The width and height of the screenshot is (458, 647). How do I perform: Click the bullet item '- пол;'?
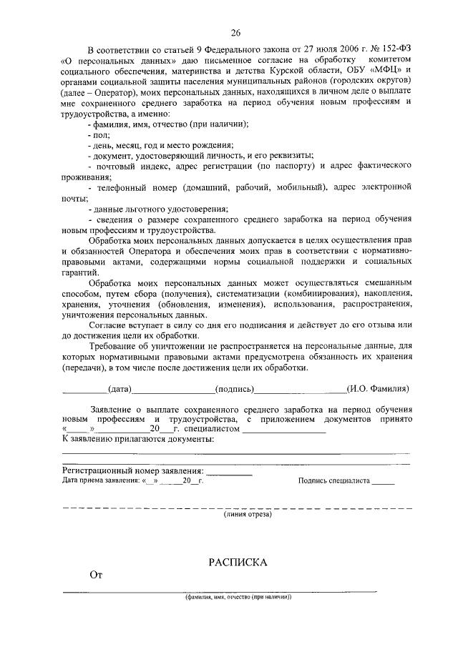click(x=98, y=134)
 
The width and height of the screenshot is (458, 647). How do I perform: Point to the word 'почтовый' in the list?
click(x=117, y=166)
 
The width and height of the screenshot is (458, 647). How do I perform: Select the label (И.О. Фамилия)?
click(x=378, y=389)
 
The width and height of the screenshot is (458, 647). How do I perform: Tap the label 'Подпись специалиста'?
click(x=333, y=482)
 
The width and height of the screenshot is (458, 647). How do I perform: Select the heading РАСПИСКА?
click(x=238, y=563)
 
